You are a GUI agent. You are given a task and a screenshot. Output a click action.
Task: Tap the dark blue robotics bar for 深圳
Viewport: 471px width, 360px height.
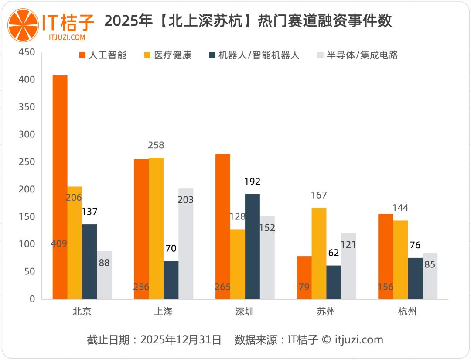252,247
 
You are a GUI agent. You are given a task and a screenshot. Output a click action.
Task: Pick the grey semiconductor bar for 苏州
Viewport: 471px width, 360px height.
348,266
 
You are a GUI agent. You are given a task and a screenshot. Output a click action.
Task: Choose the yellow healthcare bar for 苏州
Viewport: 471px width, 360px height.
319,254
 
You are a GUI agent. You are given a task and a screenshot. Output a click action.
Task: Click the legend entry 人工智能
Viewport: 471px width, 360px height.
103,55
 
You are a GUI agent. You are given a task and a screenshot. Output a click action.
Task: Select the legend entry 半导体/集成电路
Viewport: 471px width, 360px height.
358,55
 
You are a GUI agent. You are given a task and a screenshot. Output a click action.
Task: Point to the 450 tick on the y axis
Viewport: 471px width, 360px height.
27,52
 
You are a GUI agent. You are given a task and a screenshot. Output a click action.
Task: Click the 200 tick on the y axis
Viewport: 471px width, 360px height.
27,190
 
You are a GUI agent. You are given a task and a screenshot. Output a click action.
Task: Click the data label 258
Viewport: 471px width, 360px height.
156,145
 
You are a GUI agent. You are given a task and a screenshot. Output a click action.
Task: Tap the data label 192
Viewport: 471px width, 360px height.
252,182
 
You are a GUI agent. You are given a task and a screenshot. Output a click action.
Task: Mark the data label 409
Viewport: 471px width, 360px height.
59,243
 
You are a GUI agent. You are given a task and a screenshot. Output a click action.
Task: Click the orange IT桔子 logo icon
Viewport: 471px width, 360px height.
23,25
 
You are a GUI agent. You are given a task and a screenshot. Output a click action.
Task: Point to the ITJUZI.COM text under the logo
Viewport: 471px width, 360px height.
67,38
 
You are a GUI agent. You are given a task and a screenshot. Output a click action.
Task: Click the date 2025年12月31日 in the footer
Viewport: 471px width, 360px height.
181,340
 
